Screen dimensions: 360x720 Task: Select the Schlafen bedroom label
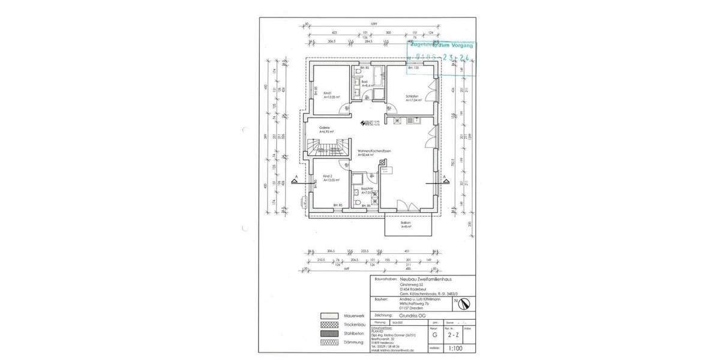coord(412,95)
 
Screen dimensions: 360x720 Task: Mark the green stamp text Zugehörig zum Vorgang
coord(440,46)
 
